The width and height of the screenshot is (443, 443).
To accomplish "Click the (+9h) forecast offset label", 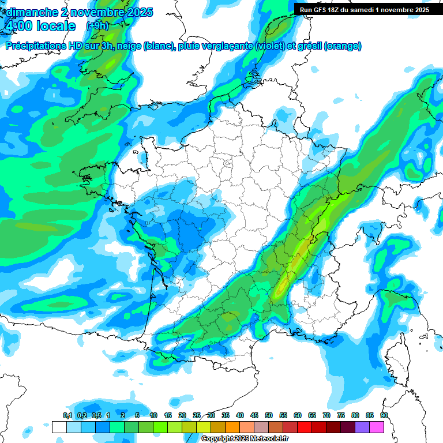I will pyautogui.click(x=97, y=26).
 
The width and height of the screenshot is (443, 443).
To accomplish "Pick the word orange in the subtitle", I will pyautogui.click(x=344, y=46).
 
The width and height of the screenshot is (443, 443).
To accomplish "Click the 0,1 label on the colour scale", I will pyautogui.click(x=67, y=416).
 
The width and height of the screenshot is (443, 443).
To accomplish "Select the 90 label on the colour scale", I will pyautogui.click(x=384, y=416).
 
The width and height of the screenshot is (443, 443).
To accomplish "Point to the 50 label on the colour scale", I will pyautogui.click(x=269, y=416).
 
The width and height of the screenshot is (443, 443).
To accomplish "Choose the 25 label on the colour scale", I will pyautogui.click(x=197, y=416).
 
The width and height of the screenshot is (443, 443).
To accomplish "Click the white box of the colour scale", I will pyautogui.click(x=59, y=427).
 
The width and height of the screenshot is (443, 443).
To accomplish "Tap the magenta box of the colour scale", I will pyautogui.click(x=377, y=427).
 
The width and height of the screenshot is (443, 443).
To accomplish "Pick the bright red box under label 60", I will pyautogui.click(x=305, y=427).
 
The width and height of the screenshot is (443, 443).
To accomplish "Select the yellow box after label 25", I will pyautogui.click(x=204, y=427).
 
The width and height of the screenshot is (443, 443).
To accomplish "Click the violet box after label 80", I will pyautogui.click(x=362, y=427).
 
